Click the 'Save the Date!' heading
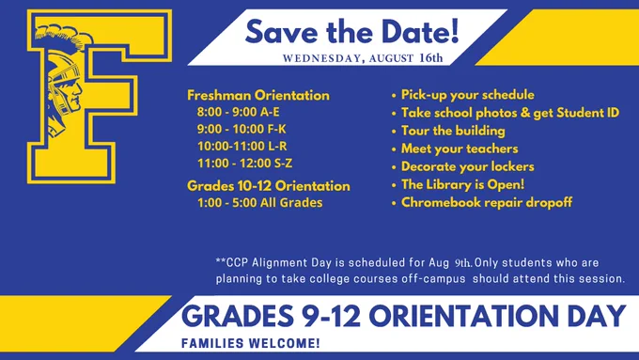(x=351, y=32)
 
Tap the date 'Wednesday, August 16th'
(x=363, y=58)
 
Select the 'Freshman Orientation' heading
(x=258, y=95)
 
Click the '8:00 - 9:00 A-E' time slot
(x=239, y=112)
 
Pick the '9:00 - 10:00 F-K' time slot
(x=242, y=129)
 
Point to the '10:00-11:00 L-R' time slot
(x=242, y=147)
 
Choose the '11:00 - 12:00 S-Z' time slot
(x=245, y=164)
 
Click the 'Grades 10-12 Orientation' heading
(x=269, y=186)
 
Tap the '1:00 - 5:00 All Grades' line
(x=260, y=203)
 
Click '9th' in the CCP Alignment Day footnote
(x=463, y=263)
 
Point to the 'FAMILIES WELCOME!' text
(x=251, y=343)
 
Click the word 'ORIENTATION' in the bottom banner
(x=463, y=317)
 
